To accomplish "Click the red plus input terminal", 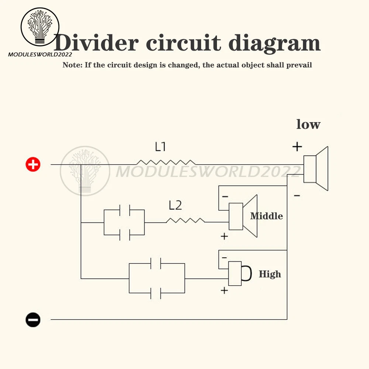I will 33,164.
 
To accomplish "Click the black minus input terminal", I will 33,320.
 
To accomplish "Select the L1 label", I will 160,147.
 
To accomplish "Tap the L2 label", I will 175,206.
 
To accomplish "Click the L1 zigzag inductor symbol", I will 166,162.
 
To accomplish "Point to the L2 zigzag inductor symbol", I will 185,220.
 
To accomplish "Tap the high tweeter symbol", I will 239,273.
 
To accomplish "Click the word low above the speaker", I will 308,124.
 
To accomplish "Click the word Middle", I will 266,216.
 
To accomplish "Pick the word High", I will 270,274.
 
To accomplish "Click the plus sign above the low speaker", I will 297,147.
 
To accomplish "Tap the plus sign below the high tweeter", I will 224,290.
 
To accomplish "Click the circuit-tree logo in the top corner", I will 40,27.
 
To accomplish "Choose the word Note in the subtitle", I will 72,65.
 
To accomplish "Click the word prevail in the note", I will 299,65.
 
